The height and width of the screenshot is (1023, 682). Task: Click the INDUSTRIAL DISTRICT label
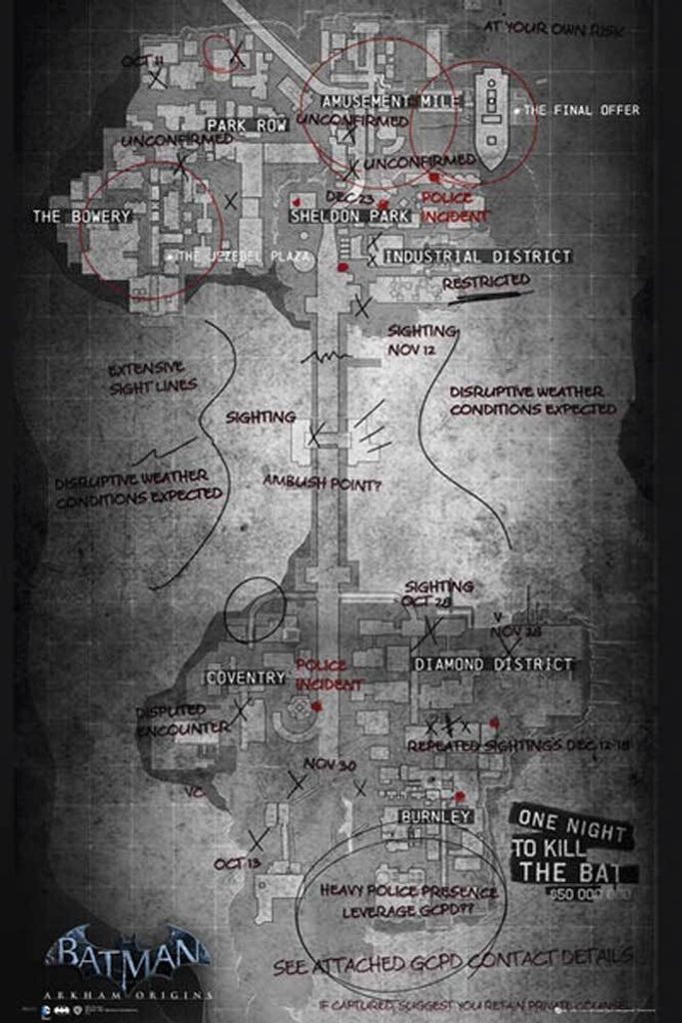478,257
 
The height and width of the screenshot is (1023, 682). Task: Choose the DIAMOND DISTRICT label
493,663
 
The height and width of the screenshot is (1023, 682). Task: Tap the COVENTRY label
246,677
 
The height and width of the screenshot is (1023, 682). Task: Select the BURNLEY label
434,816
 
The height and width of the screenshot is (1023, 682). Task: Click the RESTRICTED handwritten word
485,283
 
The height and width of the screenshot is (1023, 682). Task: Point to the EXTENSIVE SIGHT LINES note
153,376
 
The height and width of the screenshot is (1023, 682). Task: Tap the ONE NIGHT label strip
568,826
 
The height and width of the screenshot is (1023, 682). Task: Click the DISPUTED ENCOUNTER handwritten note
183,720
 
